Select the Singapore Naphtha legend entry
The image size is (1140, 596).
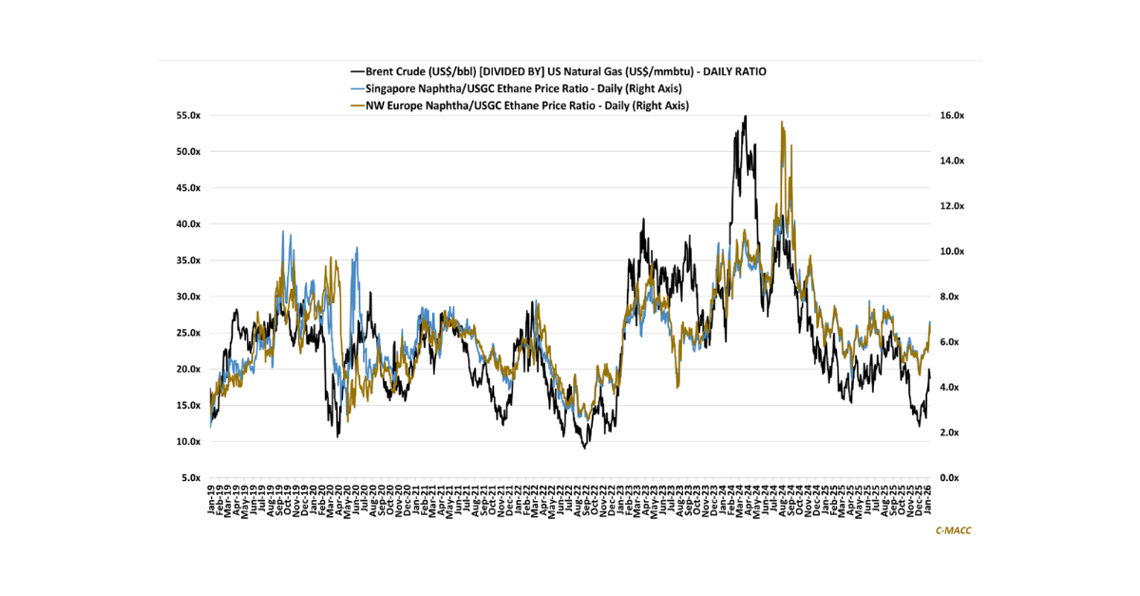click(528, 88)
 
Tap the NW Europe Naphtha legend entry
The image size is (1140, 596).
click(528, 105)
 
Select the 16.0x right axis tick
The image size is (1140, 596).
click(952, 115)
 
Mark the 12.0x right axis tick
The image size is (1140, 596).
click(952, 206)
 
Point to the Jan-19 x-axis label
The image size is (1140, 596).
click(211, 501)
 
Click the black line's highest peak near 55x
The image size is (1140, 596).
click(745, 117)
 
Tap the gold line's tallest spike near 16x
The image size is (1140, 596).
click(781, 123)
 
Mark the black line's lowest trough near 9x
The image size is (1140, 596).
click(585, 448)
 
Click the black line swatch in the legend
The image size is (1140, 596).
click(357, 71)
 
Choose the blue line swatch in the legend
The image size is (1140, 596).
click(357, 88)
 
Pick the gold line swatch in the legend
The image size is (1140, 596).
click(357, 105)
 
